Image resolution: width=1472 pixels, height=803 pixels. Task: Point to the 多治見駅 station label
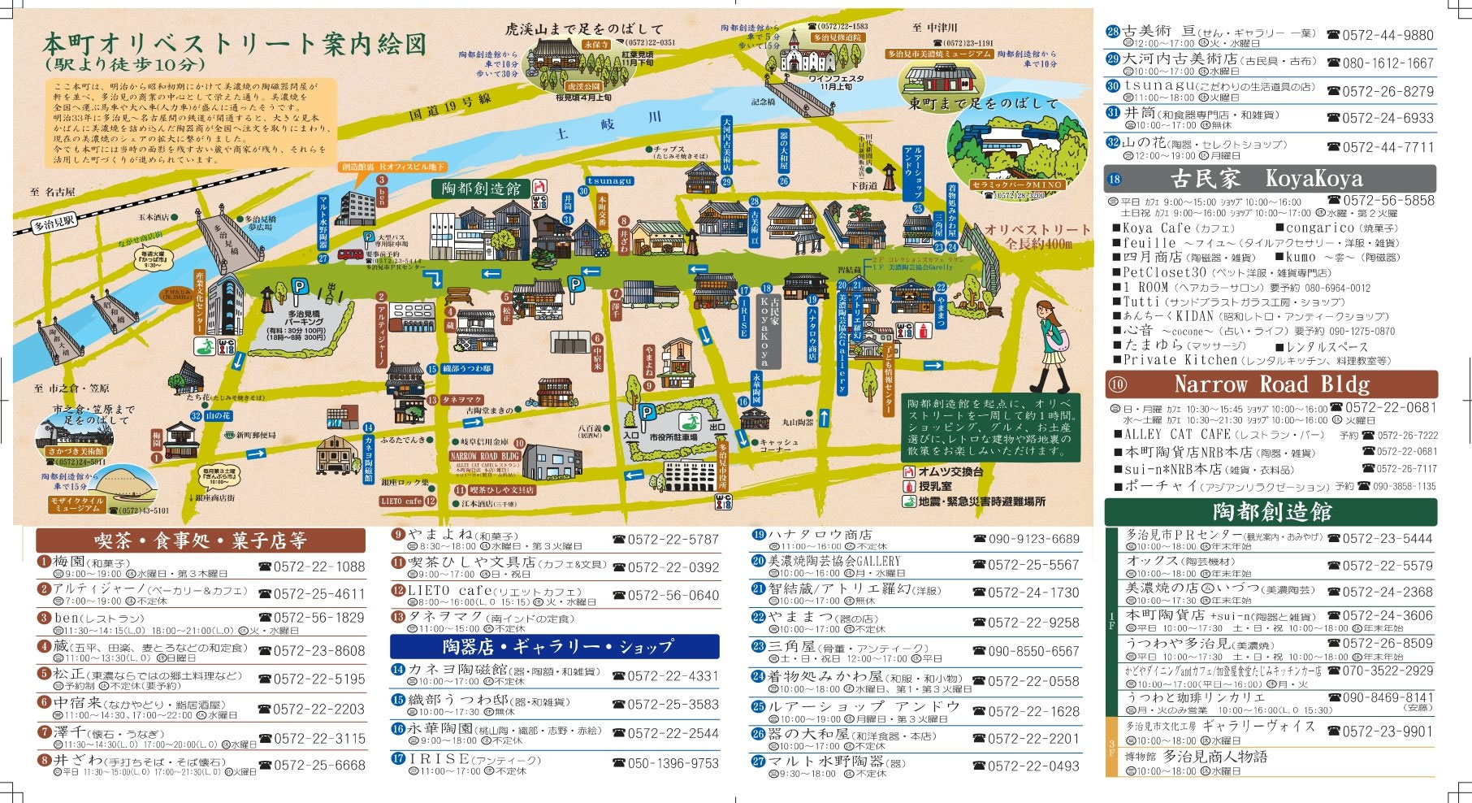(54, 220)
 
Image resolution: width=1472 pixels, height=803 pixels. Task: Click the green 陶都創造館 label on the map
(480, 189)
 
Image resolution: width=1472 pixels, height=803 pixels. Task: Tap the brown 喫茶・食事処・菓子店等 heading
(200, 540)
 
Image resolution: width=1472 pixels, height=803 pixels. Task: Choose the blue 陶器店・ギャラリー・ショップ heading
(555, 646)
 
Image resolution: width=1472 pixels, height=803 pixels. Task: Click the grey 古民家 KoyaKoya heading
(1271, 179)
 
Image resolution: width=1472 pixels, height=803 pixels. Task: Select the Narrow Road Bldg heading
(1271, 384)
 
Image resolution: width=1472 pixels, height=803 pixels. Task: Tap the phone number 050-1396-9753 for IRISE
(673, 763)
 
